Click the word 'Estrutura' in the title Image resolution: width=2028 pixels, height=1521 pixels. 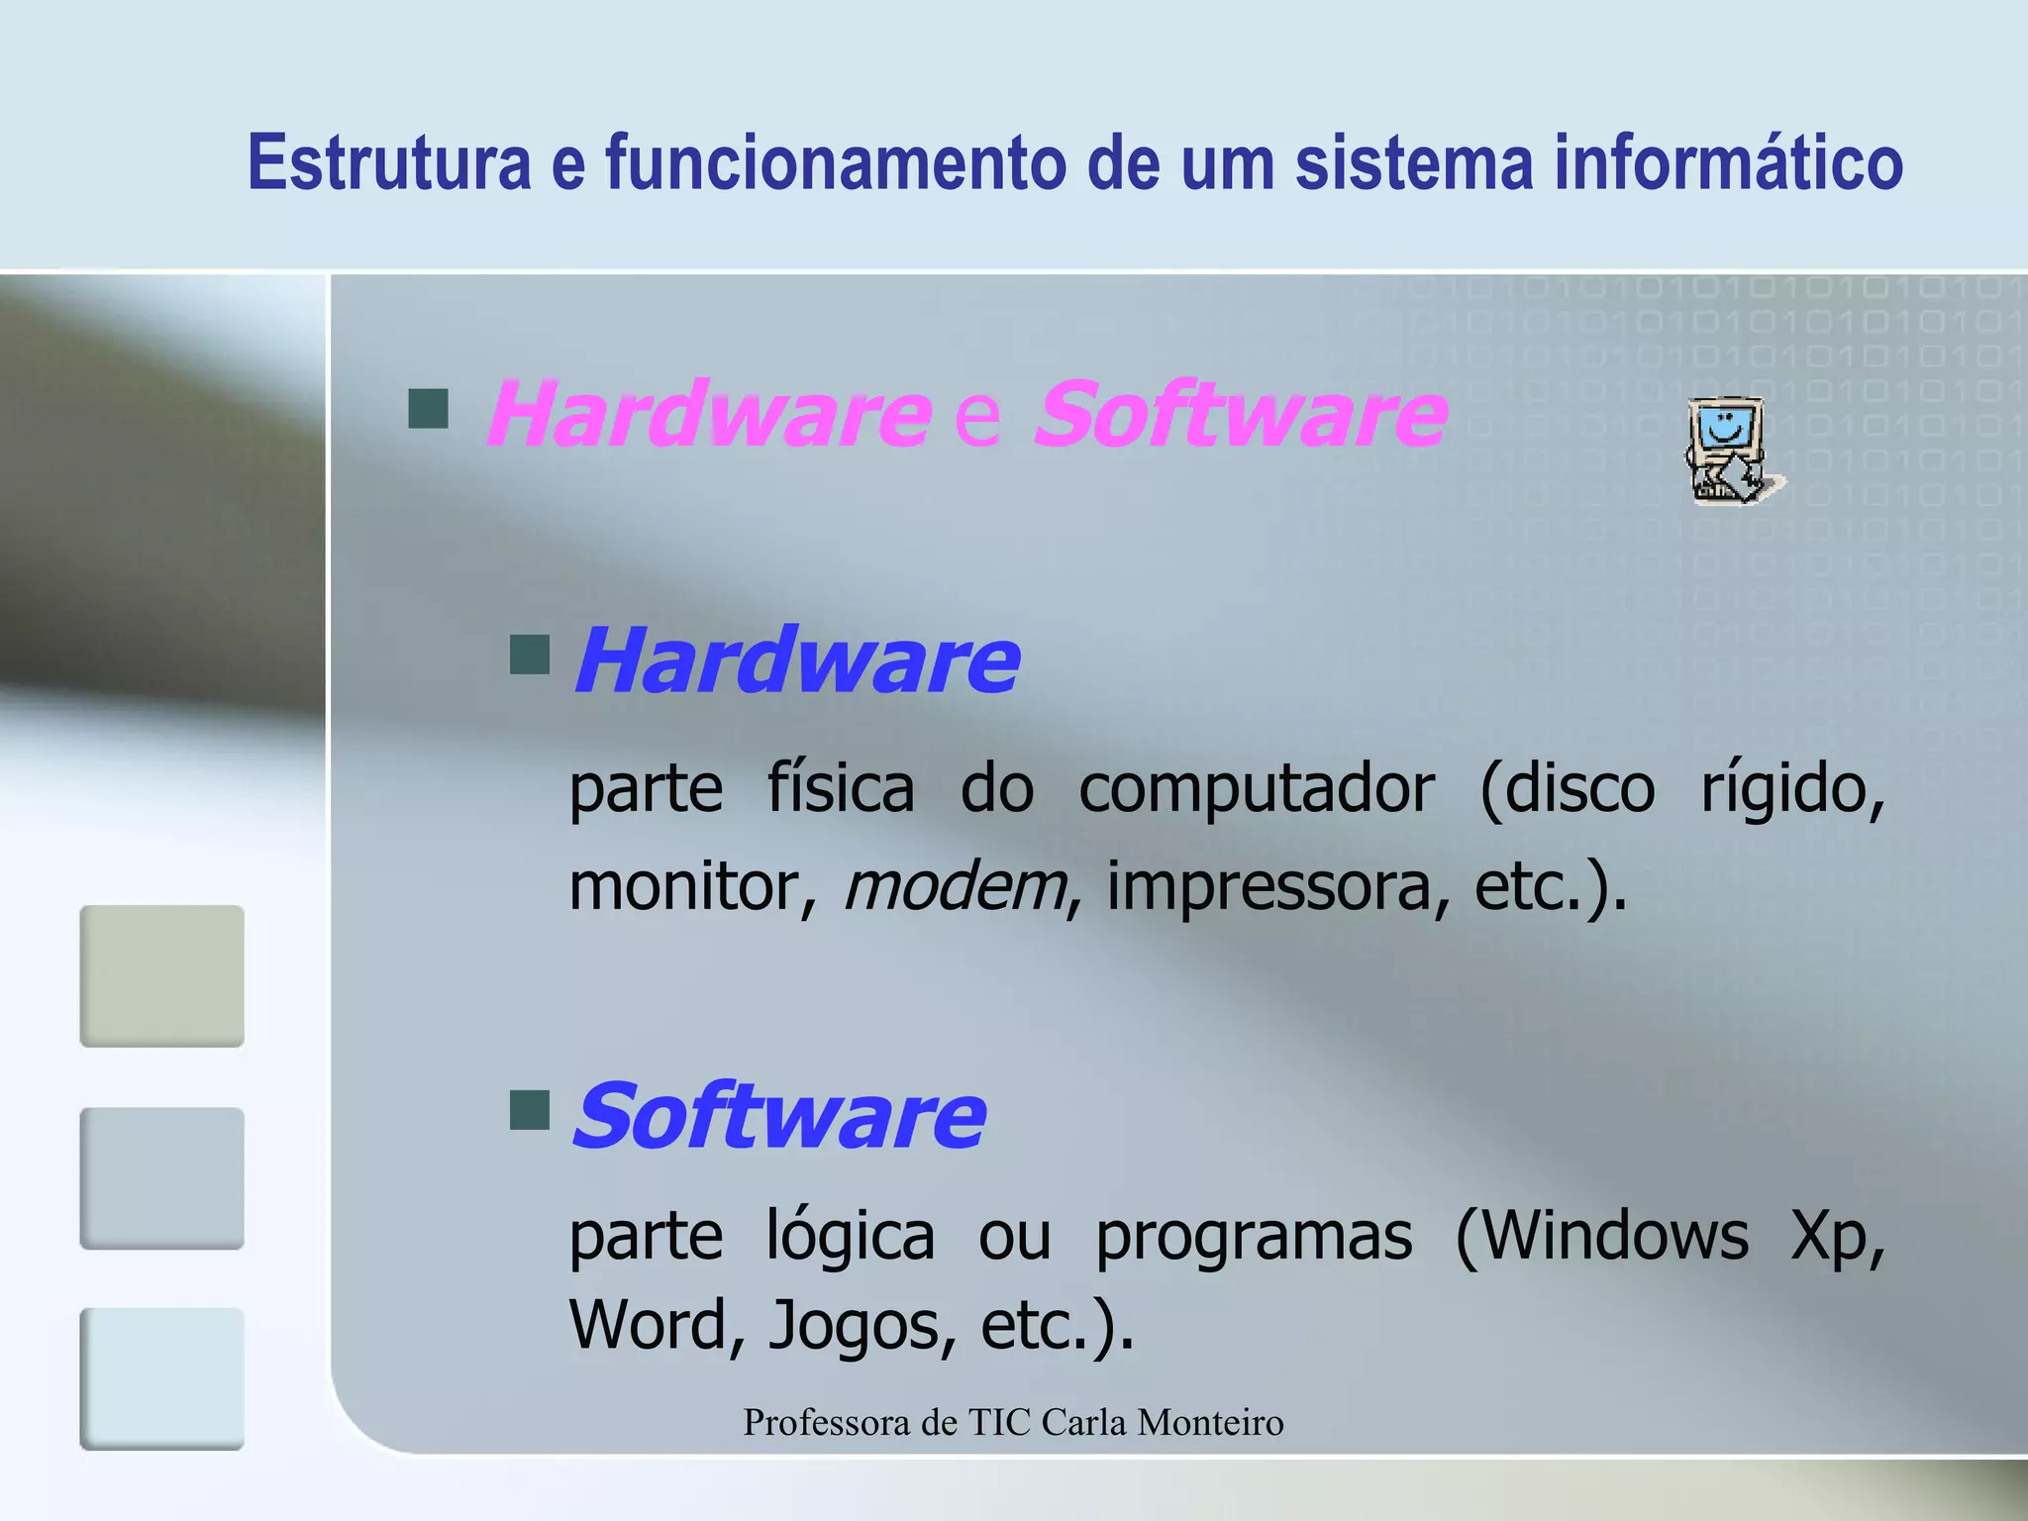click(389, 162)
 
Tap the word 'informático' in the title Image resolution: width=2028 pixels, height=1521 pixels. click(1728, 162)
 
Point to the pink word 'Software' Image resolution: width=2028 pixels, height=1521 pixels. click(1241, 414)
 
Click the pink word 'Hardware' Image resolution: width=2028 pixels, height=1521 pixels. click(709, 414)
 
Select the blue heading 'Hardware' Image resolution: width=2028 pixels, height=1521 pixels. click(796, 660)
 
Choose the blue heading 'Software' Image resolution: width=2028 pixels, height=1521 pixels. click(779, 1116)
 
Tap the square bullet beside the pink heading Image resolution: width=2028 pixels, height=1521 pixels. click(429, 408)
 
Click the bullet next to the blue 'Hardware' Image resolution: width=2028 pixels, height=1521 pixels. click(530, 655)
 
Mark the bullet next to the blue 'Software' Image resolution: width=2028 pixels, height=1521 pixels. click(530, 1110)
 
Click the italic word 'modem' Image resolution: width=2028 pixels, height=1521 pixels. click(955, 885)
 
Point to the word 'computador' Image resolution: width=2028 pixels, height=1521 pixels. click(1256, 789)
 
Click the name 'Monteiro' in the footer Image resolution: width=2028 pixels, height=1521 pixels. click(1210, 1422)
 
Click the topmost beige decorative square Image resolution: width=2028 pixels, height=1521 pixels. click(162, 975)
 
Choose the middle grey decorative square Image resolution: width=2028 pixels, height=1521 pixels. click(162, 1178)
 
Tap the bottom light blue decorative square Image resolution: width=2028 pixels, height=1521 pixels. click(162, 1378)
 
